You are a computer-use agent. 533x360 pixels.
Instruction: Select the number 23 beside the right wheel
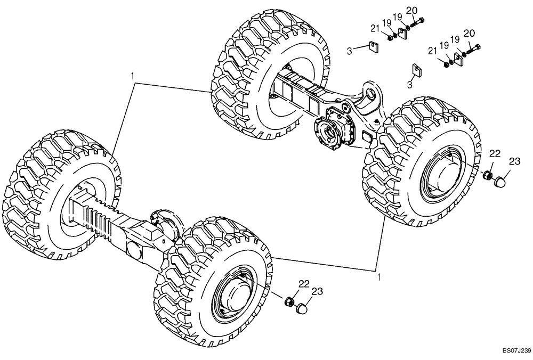click(514, 161)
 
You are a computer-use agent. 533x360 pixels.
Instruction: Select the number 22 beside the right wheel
click(495, 154)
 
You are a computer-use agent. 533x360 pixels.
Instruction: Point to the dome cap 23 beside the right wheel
click(499, 182)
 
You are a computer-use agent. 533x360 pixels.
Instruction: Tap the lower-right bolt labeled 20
click(473, 48)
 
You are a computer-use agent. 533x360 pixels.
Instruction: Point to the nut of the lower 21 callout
click(446, 64)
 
